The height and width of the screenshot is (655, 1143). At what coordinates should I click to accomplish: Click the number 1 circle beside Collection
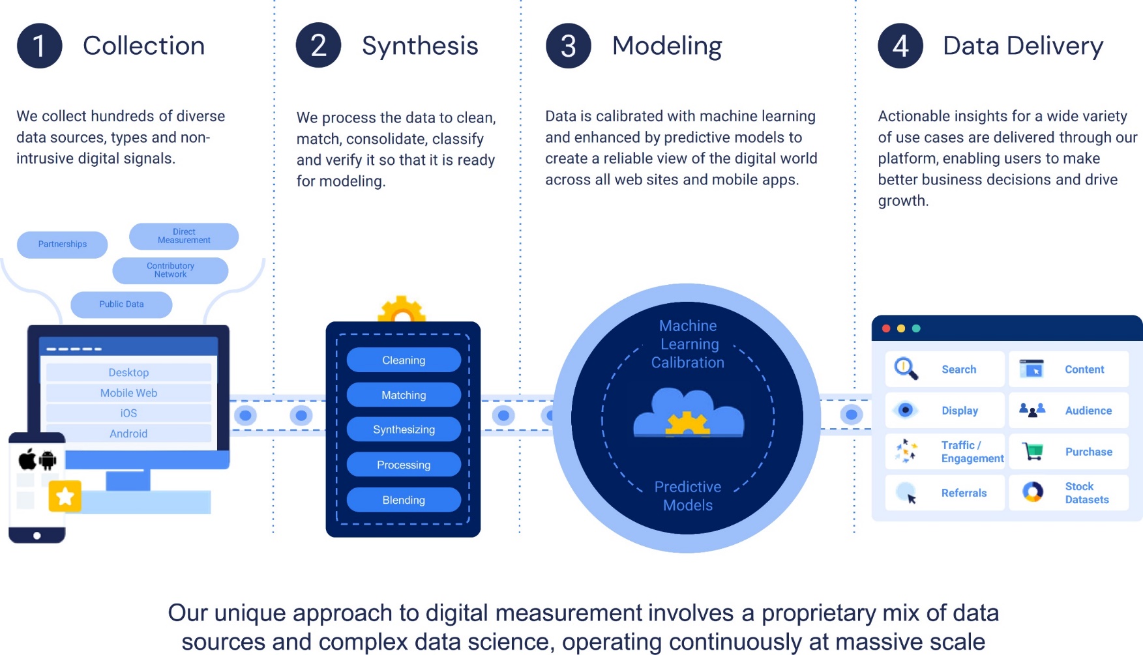point(39,46)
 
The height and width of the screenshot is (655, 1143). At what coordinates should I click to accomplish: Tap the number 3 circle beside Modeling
point(568,46)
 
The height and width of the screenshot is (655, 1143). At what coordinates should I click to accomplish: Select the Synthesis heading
point(420,46)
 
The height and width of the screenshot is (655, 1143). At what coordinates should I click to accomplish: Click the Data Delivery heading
point(1022,46)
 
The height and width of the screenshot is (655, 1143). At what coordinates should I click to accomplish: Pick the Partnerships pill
point(63,244)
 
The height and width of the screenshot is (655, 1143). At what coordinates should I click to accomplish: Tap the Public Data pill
point(121,304)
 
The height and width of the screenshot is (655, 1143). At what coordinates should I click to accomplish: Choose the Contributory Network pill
point(170,270)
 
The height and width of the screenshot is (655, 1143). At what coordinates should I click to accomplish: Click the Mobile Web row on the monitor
point(128,393)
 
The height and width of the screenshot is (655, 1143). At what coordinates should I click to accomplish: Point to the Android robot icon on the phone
point(48,460)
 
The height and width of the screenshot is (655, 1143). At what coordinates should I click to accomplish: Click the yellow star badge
point(65,497)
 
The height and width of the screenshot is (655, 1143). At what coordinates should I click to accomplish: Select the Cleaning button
point(404,360)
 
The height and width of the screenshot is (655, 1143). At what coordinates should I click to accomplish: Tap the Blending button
point(404,500)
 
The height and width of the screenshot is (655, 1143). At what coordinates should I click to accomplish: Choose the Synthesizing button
point(404,429)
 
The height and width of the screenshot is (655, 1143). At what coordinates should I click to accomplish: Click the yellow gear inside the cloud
point(687,424)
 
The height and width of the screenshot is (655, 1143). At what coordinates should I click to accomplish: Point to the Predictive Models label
point(688,496)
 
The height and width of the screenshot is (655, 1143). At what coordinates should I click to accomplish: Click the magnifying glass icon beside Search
point(906,369)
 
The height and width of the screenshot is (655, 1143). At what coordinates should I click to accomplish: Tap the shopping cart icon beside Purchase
point(1033,451)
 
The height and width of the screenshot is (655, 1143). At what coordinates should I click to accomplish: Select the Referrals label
point(964,493)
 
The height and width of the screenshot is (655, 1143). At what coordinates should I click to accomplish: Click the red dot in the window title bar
point(886,328)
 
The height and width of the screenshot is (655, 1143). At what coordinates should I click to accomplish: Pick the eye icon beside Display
point(905,410)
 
